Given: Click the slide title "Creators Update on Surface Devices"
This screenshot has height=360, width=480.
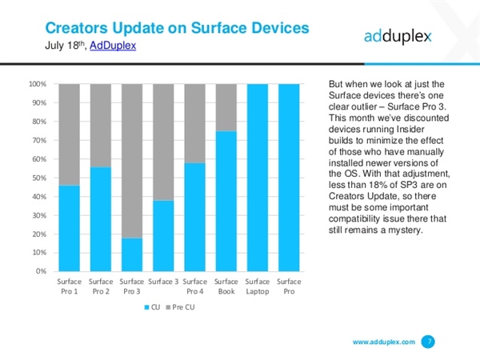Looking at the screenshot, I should pyautogui.click(x=175, y=28).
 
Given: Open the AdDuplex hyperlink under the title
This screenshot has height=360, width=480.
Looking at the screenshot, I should pyautogui.click(x=114, y=46).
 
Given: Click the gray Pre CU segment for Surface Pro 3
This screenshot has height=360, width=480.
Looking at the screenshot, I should pyautogui.click(x=132, y=160).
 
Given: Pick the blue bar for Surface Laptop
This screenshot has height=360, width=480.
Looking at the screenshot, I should pyautogui.click(x=258, y=177).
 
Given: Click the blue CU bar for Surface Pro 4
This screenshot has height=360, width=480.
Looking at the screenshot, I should pyautogui.click(x=195, y=216).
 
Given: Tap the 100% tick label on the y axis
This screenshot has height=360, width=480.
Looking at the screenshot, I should pyautogui.click(x=37, y=84).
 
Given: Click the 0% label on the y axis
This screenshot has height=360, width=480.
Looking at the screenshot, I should pyautogui.click(x=41, y=271).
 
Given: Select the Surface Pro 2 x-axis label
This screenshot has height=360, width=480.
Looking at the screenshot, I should pyautogui.click(x=101, y=286).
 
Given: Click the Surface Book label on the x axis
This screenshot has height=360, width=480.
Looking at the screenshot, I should pyautogui.click(x=226, y=286).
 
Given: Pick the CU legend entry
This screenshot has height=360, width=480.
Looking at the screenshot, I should pyautogui.click(x=153, y=307).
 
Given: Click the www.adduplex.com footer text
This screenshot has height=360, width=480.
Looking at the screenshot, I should pyautogui.click(x=384, y=342).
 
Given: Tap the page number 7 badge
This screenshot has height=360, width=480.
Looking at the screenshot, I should pyautogui.click(x=430, y=342).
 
